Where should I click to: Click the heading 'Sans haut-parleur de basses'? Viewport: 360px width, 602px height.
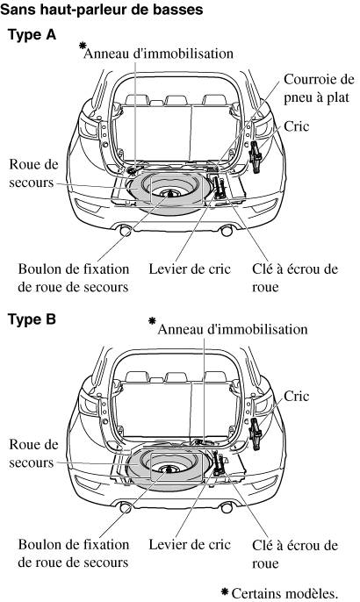[x=102, y=10]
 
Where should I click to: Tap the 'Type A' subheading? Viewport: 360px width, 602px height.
[x=32, y=35]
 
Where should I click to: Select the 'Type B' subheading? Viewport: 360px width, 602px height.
[x=32, y=319]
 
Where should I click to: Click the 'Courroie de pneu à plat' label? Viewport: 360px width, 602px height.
[x=319, y=89]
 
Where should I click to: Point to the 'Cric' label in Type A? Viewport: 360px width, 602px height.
[x=296, y=126]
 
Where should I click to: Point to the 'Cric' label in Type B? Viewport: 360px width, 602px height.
[x=296, y=396]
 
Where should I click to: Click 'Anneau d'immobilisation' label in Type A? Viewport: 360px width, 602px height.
[x=158, y=54]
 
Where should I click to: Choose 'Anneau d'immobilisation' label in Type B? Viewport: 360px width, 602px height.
[x=233, y=329]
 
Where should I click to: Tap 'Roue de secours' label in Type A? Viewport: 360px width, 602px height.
[x=33, y=173]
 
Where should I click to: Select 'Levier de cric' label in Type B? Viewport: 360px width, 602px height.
[x=190, y=544]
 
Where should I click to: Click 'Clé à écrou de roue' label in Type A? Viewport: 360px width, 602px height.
[x=295, y=277]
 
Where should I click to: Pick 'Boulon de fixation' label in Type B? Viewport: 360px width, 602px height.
[x=74, y=544]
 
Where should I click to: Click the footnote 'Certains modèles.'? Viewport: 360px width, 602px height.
[x=284, y=593]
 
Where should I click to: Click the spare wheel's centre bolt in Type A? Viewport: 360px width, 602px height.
[x=169, y=193]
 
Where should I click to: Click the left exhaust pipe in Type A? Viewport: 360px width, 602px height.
[x=126, y=231]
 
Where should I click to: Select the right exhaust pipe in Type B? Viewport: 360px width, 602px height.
[x=227, y=507]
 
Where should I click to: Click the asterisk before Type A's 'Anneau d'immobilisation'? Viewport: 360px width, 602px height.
[x=83, y=46]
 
